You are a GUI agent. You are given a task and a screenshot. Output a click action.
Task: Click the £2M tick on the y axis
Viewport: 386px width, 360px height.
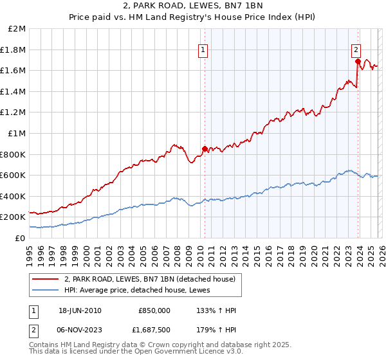coord(17,29)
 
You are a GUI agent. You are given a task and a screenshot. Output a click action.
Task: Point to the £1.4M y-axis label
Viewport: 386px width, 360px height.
coord(14,91)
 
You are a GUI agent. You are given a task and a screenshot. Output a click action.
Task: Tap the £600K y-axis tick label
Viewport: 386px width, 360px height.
coord(14,175)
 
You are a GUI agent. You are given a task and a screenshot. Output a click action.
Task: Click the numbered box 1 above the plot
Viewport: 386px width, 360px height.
coord(203,48)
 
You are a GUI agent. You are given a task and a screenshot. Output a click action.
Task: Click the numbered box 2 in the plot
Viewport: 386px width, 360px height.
coord(356,48)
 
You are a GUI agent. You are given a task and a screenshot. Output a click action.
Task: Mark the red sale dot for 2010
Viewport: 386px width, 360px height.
coord(205,148)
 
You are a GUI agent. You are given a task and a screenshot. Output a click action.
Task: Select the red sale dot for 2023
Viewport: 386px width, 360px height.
coord(357,62)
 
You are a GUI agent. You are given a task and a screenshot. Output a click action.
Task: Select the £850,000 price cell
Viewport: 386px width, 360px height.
coord(154,310)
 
